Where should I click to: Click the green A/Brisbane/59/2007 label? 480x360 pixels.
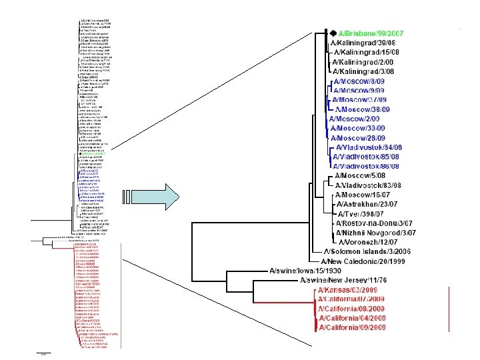pos(371,34)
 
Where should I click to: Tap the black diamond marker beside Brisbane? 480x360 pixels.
pos(332,33)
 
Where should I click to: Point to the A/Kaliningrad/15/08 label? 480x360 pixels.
pos(366,53)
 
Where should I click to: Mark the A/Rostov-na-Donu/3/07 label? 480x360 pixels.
pos(376,223)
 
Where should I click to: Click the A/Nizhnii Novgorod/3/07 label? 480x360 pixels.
pos(376,232)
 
